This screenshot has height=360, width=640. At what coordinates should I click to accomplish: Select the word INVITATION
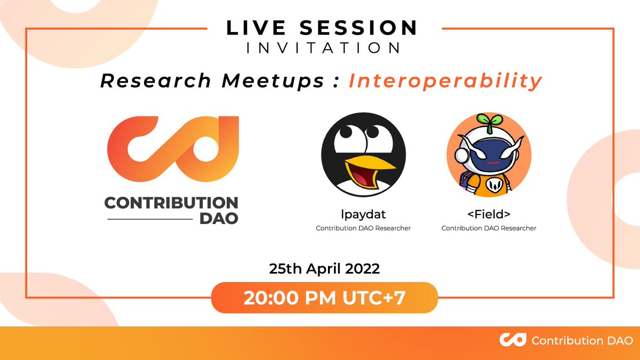coord(323,48)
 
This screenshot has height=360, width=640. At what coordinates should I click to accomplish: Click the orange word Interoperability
coord(445,81)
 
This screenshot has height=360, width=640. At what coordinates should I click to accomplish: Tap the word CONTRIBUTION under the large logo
coord(171,203)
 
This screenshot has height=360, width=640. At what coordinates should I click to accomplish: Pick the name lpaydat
coord(363,215)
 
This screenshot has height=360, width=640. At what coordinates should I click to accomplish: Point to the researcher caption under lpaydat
coord(363,228)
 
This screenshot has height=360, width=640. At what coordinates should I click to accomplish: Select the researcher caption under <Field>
coord(489,228)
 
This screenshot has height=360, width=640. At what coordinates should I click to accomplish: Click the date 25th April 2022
coord(324,269)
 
